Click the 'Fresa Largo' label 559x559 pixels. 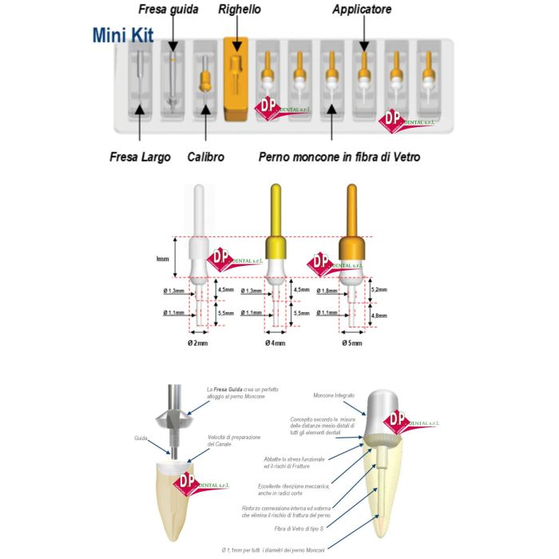tap(140, 157)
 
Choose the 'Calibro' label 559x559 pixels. tap(205, 157)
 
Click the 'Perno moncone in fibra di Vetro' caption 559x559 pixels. tap(339, 157)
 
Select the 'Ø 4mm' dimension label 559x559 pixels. tap(276, 343)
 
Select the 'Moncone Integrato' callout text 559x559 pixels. tap(338, 394)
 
